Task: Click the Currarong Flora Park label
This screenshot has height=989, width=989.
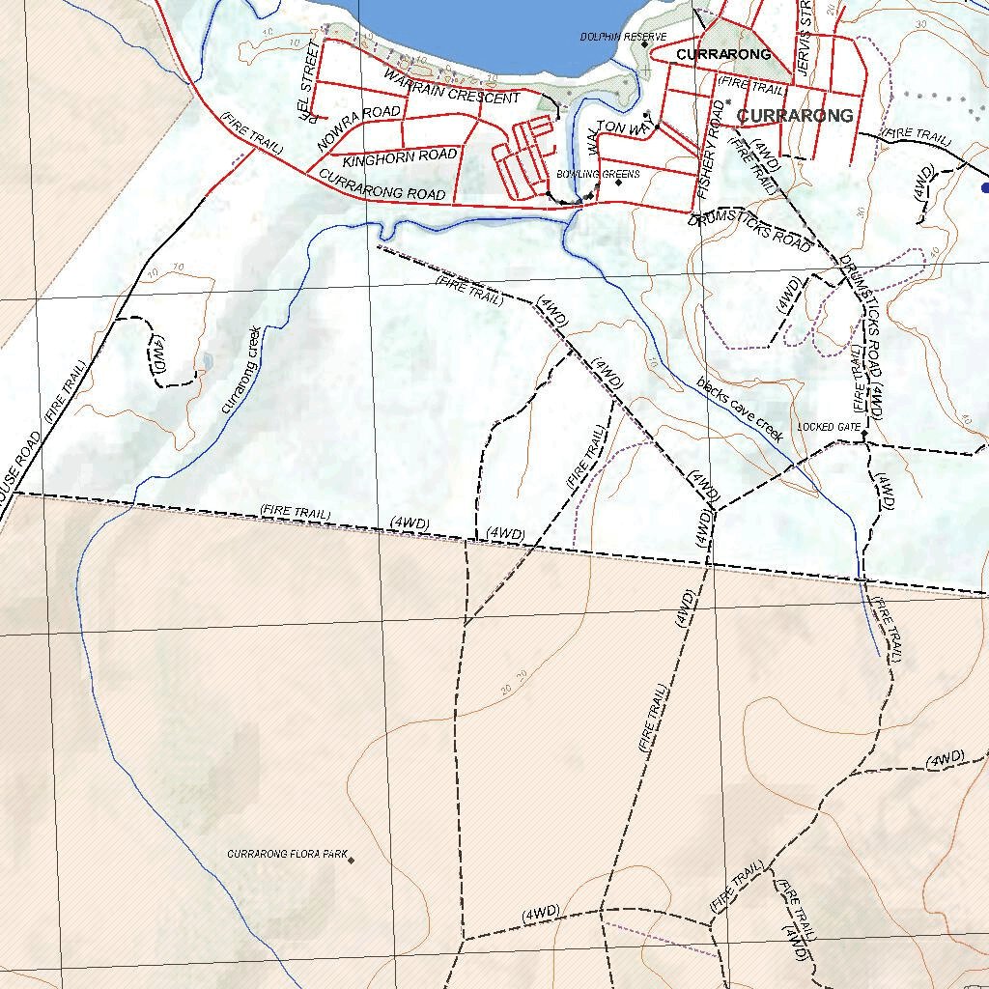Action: (x=287, y=855)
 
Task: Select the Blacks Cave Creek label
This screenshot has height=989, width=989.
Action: (x=740, y=410)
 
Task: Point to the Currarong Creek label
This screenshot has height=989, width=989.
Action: (x=240, y=370)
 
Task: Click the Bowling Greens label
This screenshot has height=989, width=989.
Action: (x=598, y=174)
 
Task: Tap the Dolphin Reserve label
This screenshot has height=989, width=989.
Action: (x=623, y=37)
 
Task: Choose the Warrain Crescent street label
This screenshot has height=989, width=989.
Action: (x=451, y=86)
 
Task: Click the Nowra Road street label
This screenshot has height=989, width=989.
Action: (x=358, y=127)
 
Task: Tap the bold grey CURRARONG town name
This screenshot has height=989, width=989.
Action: (x=795, y=116)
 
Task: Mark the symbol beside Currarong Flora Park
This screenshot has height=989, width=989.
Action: (x=352, y=860)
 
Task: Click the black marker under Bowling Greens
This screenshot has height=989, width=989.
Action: (x=618, y=183)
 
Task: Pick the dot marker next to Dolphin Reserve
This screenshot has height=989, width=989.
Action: (x=644, y=44)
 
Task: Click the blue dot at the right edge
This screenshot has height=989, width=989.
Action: (x=984, y=188)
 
